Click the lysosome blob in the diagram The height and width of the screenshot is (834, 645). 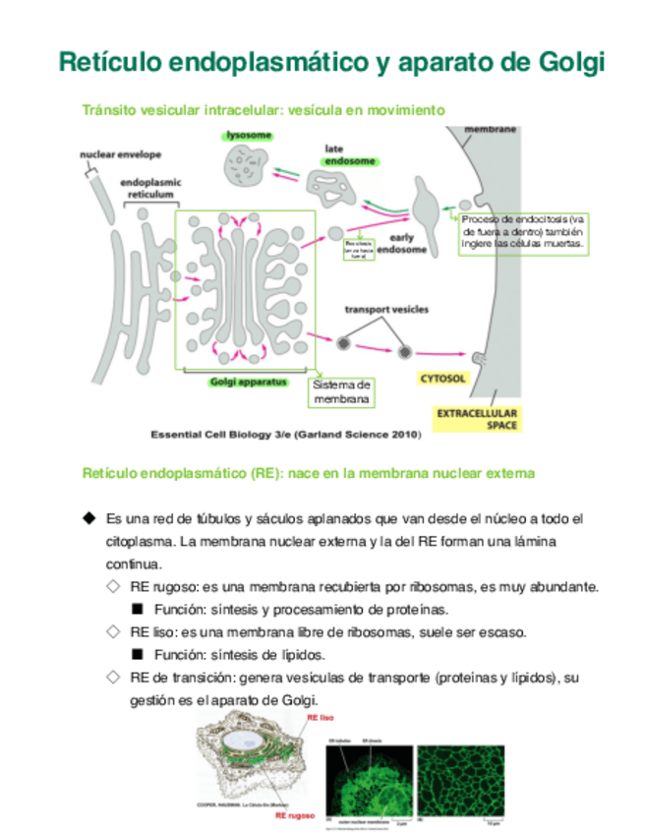(x=247, y=165)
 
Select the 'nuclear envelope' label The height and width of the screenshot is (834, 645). (x=121, y=154)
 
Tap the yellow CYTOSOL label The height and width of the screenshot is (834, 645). (x=442, y=378)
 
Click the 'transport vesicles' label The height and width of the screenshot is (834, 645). (x=385, y=310)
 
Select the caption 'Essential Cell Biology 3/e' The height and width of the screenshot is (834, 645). (x=286, y=434)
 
